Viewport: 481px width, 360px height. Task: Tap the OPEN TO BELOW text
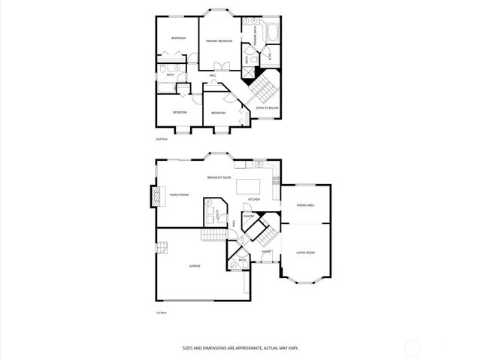[268, 107]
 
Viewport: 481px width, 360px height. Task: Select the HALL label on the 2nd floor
[213, 75]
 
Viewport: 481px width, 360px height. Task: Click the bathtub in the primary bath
[272, 32]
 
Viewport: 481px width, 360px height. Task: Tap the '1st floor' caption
[160, 312]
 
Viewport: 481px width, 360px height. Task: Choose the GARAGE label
[195, 265]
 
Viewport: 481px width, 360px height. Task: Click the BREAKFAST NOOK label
[219, 177]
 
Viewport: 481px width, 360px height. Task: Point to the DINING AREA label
[305, 204]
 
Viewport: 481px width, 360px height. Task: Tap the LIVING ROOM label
[305, 253]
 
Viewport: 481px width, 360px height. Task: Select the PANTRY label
[249, 216]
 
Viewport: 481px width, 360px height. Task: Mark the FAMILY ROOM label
[179, 195]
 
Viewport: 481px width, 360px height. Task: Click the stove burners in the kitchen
[277, 181]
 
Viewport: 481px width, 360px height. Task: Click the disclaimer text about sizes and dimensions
[240, 347]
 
